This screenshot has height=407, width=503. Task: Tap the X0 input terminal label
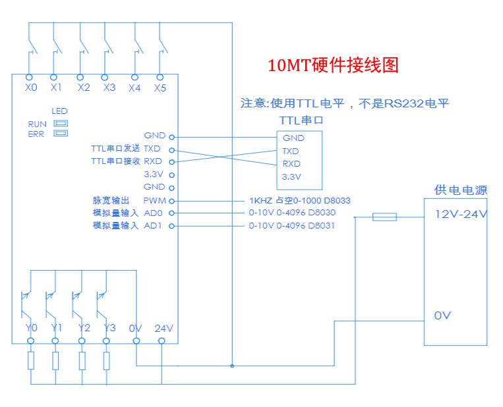[30, 88]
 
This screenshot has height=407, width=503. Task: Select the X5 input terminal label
[160, 88]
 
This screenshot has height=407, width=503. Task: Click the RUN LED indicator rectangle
[61, 123]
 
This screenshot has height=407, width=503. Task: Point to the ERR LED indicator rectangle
[61, 134]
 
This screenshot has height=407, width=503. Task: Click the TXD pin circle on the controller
[172, 149]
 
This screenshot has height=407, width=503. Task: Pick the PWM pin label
[154, 200]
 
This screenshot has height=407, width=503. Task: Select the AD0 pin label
[153, 213]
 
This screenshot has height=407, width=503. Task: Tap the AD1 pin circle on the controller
[172, 226]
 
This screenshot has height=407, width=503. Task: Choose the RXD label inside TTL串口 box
[291, 163]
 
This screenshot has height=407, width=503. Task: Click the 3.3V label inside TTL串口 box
[291, 176]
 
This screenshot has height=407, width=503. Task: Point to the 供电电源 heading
[461, 190]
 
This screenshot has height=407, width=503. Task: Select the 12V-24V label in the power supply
[461, 215]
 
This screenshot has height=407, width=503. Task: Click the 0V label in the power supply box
[442, 315]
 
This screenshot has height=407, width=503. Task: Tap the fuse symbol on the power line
[384, 217]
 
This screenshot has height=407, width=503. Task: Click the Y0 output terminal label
[31, 328]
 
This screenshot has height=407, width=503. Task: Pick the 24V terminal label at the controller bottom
[163, 328]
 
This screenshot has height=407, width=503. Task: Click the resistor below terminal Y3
[106, 361]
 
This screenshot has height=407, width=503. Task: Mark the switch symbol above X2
[83, 47]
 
